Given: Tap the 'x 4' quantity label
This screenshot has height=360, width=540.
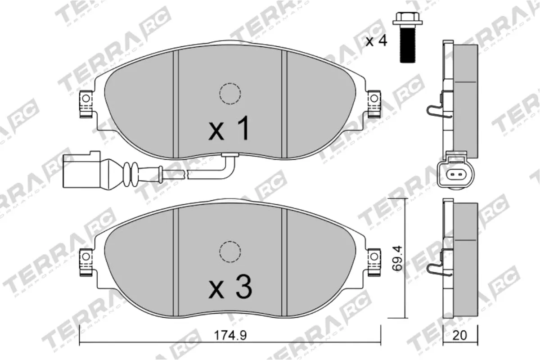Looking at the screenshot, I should point(376,41).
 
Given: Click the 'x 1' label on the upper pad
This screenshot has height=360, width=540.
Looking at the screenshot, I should point(229,129).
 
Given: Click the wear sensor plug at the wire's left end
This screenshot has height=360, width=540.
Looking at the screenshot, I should point(80,171).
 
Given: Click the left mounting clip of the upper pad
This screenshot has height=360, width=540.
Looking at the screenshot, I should point(85,104).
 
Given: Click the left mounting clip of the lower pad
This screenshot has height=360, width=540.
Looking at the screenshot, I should point(85,262).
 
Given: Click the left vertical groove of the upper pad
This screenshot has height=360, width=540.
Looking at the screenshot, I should point(176,103).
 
